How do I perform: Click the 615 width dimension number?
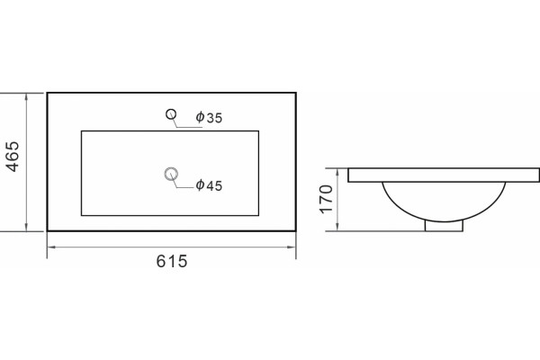172,261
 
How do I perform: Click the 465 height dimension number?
13,156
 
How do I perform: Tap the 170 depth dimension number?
327,200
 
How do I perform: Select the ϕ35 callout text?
209,118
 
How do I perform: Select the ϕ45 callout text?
209,185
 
